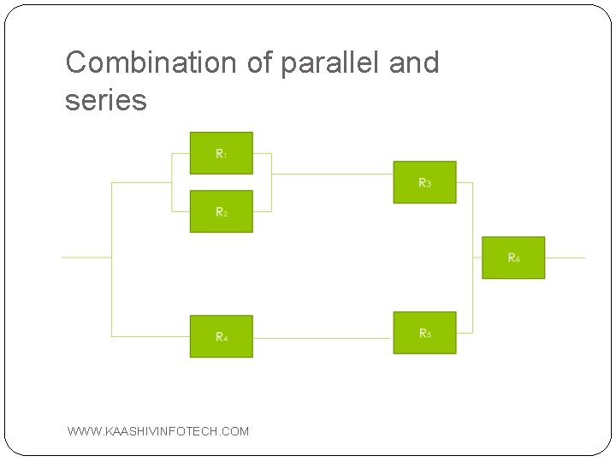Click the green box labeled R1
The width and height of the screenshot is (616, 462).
(x=221, y=153)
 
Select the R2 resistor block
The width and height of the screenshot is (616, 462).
(x=221, y=211)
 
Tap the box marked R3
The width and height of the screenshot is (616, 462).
(x=424, y=182)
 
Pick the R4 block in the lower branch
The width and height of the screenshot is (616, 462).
(x=221, y=337)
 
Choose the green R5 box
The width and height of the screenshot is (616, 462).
(x=424, y=333)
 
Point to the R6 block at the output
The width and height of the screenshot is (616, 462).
(x=513, y=258)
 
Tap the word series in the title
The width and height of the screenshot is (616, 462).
(x=106, y=100)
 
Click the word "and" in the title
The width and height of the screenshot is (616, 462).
(x=412, y=62)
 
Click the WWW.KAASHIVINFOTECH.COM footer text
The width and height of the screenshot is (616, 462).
(x=158, y=431)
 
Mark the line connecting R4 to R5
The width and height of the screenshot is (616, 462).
(x=323, y=338)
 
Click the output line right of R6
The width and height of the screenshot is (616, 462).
(x=565, y=258)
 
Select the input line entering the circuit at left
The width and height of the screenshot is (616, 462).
(x=86, y=257)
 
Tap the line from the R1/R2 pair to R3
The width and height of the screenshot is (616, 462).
(x=332, y=174)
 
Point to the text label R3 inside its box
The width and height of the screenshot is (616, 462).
(x=424, y=182)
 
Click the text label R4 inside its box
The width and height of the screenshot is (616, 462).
(x=221, y=337)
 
